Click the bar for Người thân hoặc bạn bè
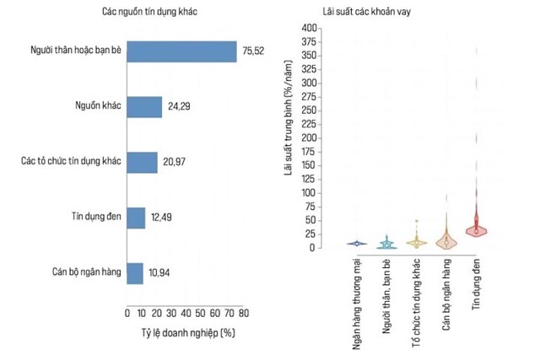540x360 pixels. coord(181,51)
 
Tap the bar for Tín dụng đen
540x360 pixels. coord(136,218)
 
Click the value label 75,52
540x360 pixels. coord(254,51)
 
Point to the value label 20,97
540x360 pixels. coord(175,163)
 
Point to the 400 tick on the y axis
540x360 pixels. coord(308,29)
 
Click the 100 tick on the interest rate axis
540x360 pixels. coord(308,193)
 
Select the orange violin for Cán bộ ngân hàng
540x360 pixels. coord(446,239)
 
